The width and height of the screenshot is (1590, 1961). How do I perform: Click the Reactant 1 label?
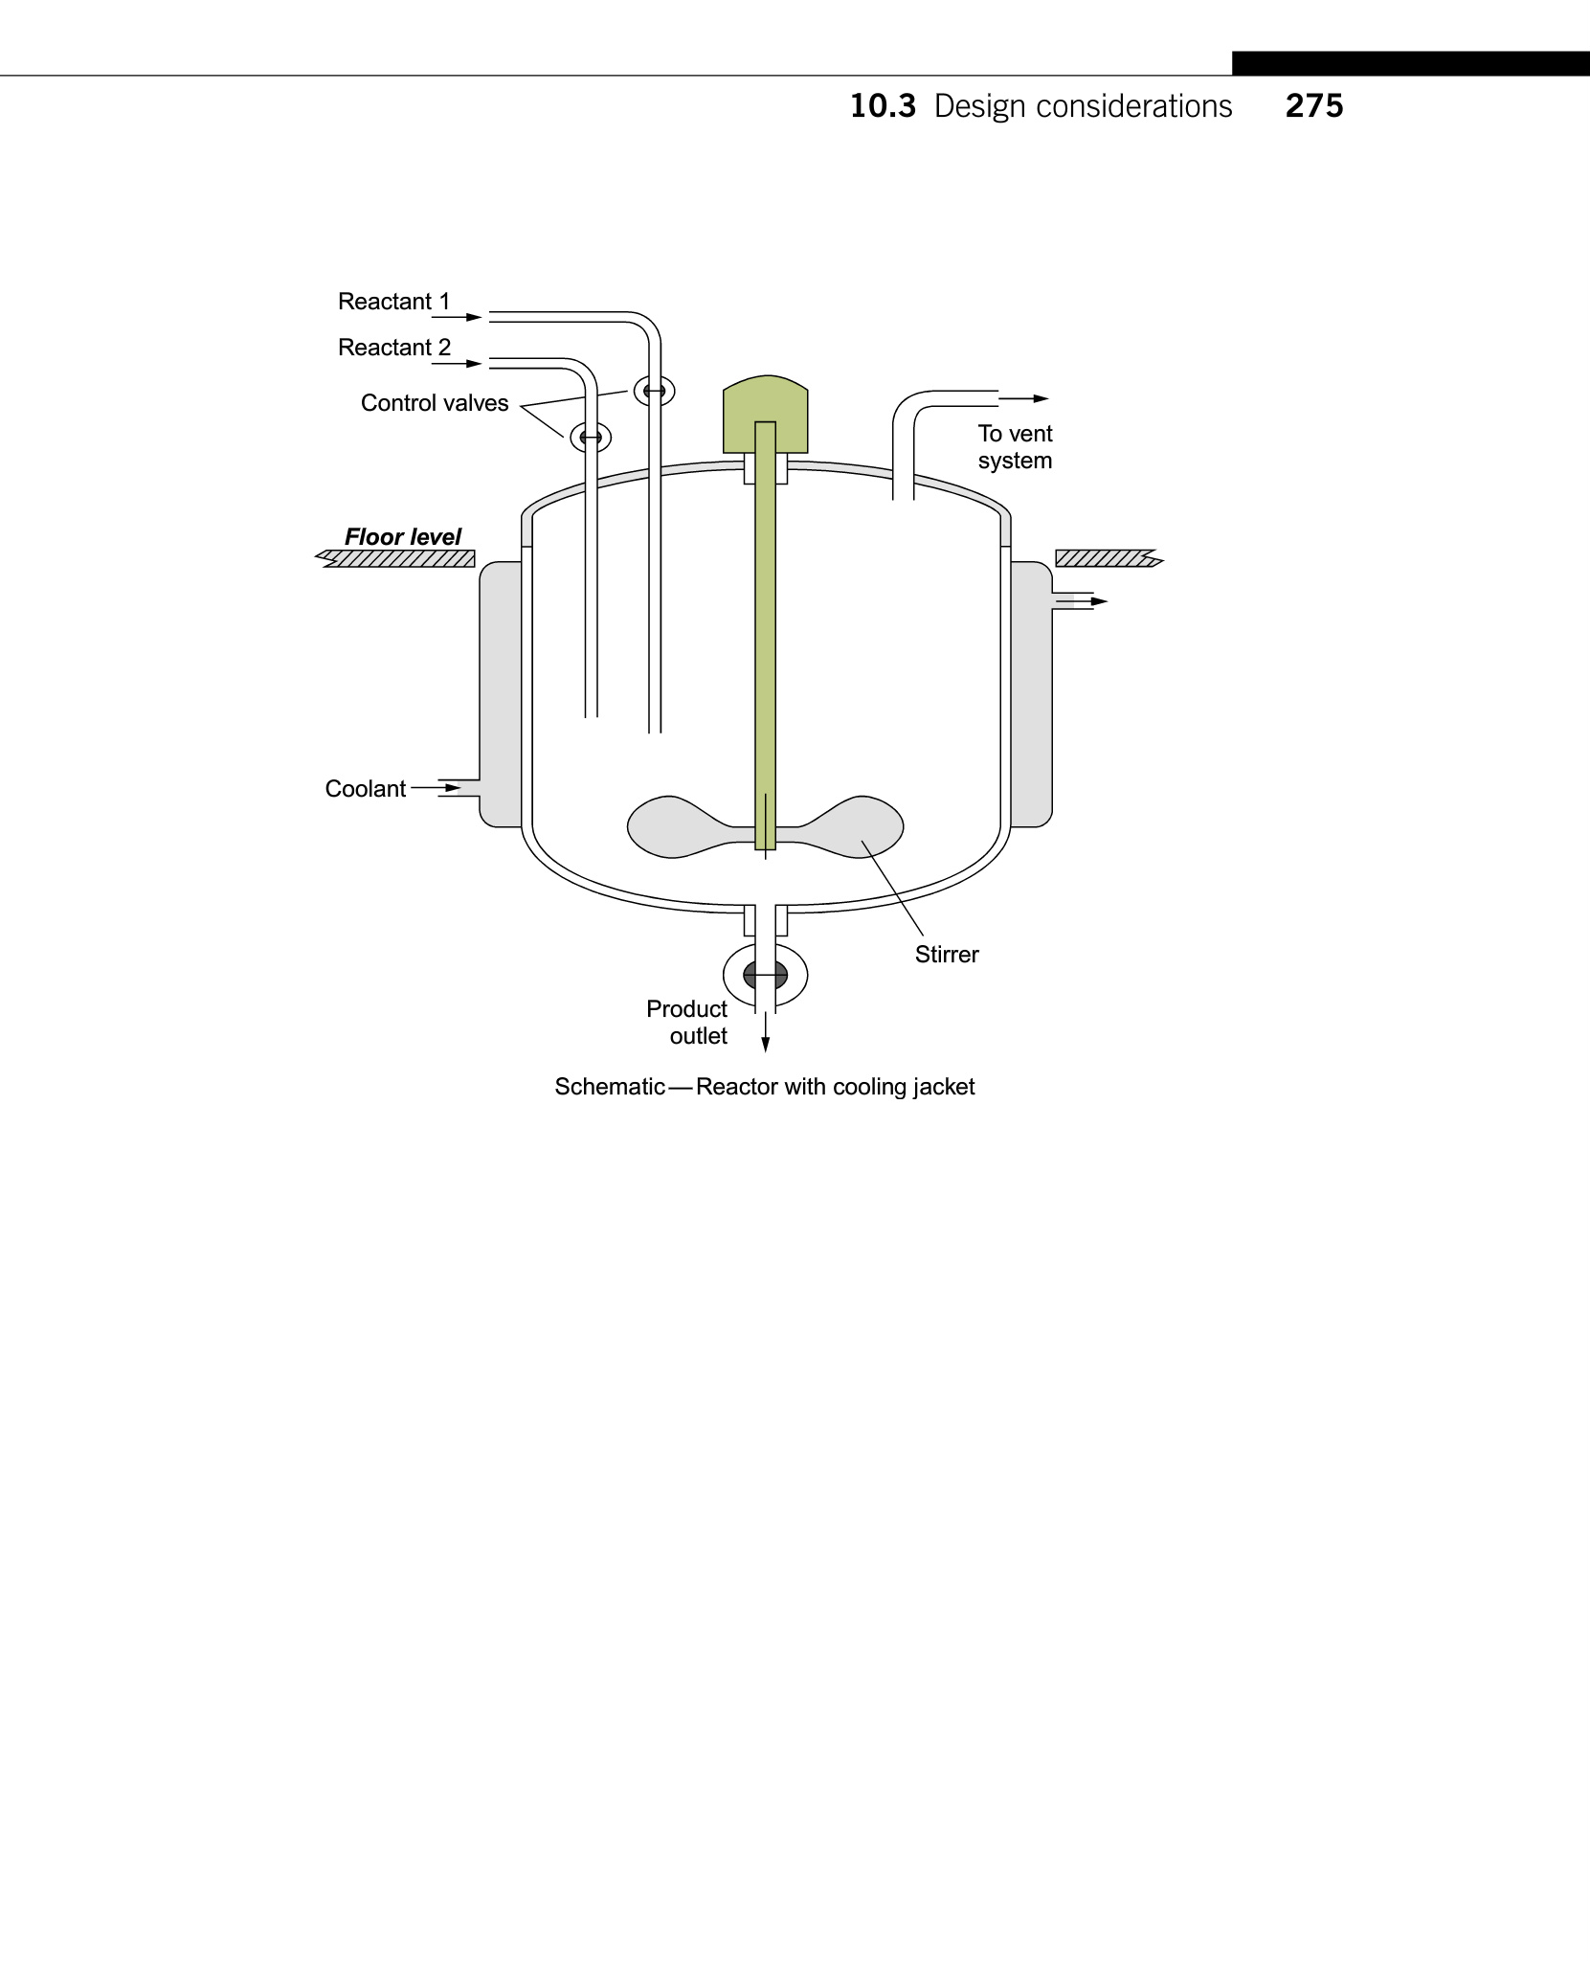[x=393, y=302]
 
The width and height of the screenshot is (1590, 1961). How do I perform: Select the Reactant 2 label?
[x=393, y=348]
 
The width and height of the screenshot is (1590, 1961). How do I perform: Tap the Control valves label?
[x=435, y=403]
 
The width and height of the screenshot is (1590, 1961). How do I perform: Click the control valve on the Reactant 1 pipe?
[x=655, y=391]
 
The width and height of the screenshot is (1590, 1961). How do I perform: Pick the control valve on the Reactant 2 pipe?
[x=591, y=438]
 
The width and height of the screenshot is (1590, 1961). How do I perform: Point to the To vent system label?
[x=1015, y=447]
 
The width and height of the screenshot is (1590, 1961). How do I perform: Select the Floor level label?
[x=403, y=537]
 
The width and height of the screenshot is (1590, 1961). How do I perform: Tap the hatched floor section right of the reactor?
[x=1105, y=558]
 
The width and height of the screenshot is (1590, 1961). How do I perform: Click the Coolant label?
[x=366, y=789]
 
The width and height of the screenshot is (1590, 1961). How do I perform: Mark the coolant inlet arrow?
[x=452, y=788]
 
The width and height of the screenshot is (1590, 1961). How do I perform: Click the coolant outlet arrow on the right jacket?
[x=1098, y=601]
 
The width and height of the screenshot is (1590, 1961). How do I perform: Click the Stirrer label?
[x=947, y=955]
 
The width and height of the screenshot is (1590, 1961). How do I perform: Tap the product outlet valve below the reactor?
[x=765, y=976]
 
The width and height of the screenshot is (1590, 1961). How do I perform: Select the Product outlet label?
[x=687, y=1023]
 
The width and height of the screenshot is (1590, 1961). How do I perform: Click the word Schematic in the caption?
[x=610, y=1087]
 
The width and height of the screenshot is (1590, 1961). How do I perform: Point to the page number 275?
[x=1314, y=106]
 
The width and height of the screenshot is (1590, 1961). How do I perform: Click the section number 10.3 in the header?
[x=883, y=106]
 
